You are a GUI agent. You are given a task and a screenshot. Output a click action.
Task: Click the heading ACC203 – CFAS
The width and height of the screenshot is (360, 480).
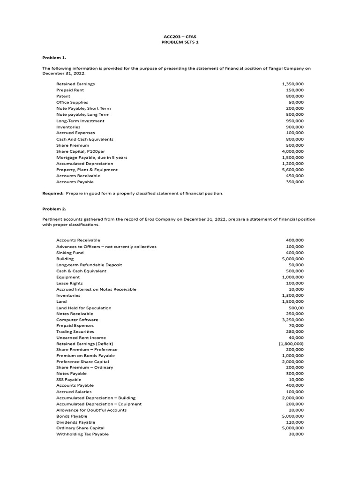(180, 36)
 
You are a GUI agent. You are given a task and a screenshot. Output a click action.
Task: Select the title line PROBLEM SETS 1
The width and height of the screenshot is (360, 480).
(180, 42)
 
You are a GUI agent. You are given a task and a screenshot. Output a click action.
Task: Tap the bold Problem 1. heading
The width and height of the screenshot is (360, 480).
(54, 57)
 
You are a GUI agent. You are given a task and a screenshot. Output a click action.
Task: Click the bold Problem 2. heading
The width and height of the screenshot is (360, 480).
(54, 209)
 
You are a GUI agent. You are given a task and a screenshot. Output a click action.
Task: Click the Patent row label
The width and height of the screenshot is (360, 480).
(63, 96)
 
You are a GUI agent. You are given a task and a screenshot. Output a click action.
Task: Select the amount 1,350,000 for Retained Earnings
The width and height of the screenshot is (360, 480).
(292, 84)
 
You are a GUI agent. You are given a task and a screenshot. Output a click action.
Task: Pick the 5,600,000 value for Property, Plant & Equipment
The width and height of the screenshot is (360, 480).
(292, 170)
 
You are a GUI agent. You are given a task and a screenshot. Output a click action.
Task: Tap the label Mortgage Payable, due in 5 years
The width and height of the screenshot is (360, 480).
(92, 157)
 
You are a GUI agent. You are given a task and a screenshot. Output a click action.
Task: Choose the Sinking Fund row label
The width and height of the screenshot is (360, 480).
(70, 253)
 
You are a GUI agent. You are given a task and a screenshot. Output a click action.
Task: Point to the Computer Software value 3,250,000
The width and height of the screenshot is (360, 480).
(292, 320)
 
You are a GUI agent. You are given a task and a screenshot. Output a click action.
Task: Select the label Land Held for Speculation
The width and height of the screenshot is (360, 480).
(84, 308)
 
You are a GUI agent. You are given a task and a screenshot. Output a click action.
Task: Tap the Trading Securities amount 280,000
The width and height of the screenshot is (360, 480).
(294, 331)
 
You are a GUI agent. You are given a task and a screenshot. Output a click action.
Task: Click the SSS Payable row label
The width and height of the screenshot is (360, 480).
(69, 380)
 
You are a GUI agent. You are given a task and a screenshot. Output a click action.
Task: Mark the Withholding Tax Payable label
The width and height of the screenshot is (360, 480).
(82, 434)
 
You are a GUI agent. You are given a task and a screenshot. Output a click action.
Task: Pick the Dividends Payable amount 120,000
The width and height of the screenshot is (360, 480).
(294, 422)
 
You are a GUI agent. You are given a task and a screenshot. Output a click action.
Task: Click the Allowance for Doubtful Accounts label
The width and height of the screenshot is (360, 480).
(91, 410)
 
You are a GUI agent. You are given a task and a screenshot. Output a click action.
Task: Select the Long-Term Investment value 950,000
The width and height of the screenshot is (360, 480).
(294, 121)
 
